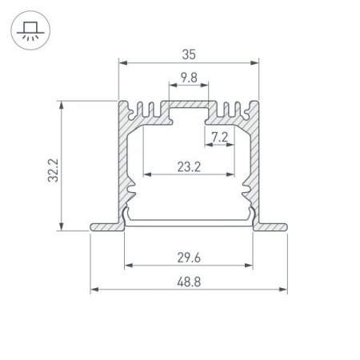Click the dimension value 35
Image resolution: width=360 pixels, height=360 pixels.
pos(189,54)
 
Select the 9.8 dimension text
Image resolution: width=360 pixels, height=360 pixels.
pos(189,78)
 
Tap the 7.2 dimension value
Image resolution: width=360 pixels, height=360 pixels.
pos(220,138)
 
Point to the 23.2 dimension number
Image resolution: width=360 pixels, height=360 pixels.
pos(189,167)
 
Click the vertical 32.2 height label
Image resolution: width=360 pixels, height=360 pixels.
pos(53,170)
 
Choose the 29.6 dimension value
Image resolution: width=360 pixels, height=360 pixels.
pos(189,258)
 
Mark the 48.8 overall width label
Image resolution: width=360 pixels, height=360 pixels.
pos(189,282)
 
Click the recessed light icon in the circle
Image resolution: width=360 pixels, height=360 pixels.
pos(30,30)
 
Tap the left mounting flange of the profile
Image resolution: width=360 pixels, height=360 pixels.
pos(107,227)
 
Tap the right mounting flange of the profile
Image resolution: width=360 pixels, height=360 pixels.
pos(270,227)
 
